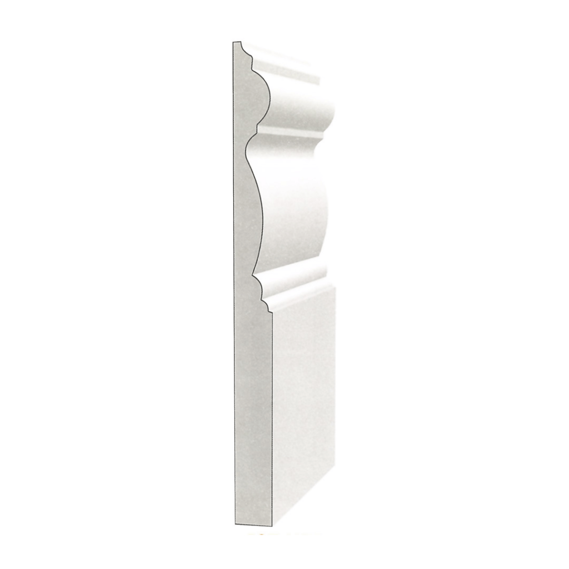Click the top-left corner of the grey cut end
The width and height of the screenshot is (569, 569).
coord(233,42)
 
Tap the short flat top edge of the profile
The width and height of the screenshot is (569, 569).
coord(237,42)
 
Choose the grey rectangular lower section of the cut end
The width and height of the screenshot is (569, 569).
coord(253,417)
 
